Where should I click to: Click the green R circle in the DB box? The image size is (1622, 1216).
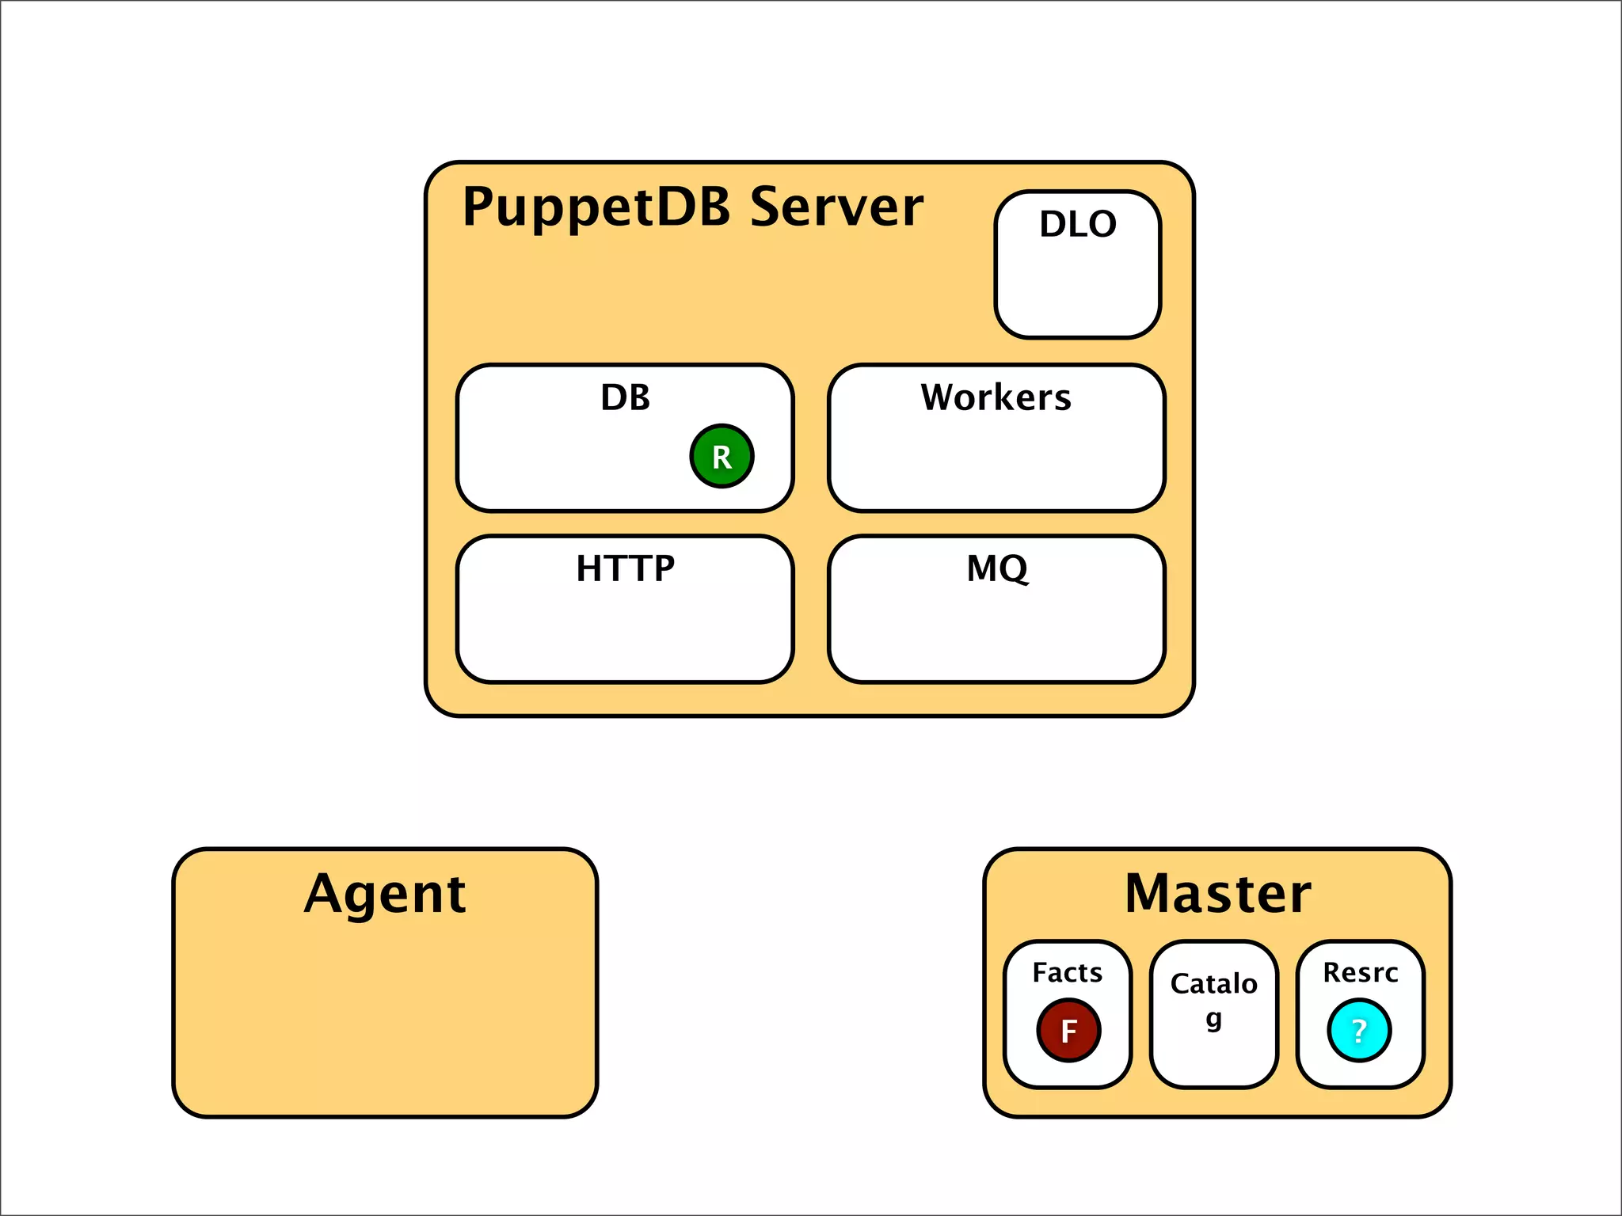pyautogui.click(x=722, y=456)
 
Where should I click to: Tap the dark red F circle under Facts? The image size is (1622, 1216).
pyautogui.click(x=1068, y=1030)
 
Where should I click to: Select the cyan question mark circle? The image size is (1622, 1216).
pyautogui.click(x=1359, y=1030)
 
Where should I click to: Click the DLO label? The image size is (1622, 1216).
pyautogui.click(x=1078, y=224)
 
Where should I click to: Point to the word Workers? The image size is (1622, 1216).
pyautogui.click(x=996, y=397)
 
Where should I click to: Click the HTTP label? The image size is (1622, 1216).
pyautogui.click(x=625, y=568)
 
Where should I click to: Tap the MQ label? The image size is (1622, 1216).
pyautogui.click(x=997, y=568)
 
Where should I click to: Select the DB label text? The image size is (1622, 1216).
pyautogui.click(x=625, y=397)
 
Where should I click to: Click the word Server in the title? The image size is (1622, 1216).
pyautogui.click(x=836, y=207)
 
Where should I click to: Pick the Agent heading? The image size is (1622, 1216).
pyautogui.click(x=385, y=895)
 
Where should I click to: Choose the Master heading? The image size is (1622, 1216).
pyautogui.click(x=1217, y=894)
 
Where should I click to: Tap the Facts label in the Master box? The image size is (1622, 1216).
pyautogui.click(x=1067, y=972)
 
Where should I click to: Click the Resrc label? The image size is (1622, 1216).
pyautogui.click(x=1360, y=972)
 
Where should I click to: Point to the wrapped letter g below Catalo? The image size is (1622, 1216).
pyautogui.click(x=1213, y=1019)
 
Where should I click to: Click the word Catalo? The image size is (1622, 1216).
pyautogui.click(x=1213, y=984)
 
